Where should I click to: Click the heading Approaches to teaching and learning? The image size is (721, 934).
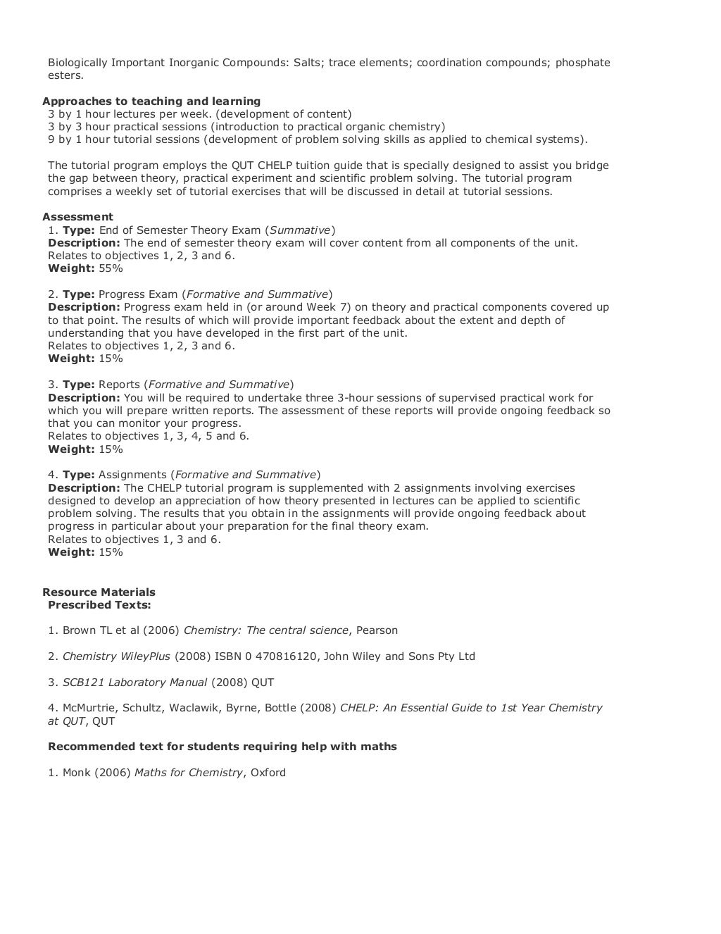[151, 101]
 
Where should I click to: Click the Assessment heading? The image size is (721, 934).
[77, 217]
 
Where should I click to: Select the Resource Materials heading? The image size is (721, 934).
[99, 592]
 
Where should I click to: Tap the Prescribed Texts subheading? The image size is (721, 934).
[99, 604]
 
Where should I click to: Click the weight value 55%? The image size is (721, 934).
[111, 268]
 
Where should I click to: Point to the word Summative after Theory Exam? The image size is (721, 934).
[301, 230]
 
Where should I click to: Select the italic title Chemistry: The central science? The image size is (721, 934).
[266, 630]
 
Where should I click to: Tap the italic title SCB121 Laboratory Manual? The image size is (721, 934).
[134, 682]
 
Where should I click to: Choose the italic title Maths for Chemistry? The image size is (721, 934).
[189, 772]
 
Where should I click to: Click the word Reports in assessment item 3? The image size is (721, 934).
[119, 385]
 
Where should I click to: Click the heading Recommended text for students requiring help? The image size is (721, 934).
[222, 746]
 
